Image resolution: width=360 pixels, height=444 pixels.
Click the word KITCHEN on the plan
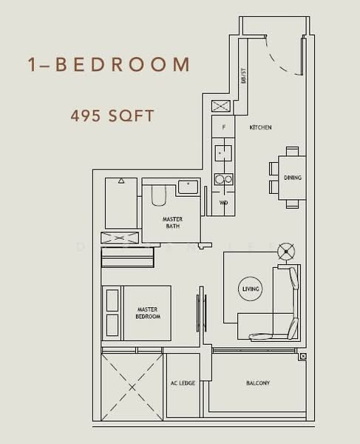coord(260,128)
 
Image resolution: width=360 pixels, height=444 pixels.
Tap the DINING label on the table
coord(293,178)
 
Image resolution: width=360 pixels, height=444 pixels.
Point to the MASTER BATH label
coord(173,223)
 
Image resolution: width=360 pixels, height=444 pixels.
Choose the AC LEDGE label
coord(183,383)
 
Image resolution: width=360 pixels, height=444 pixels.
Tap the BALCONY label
coord(258,383)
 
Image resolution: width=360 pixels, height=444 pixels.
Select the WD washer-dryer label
coord(223,202)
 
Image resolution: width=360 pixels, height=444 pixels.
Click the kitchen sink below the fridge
coord(223,153)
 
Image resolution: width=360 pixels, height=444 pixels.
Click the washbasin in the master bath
coord(189,185)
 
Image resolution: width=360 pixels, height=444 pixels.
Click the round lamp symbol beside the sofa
coord(285,252)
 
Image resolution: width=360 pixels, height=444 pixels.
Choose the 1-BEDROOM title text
coord(108,64)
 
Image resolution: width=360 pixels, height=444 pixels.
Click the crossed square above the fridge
coord(222,105)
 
